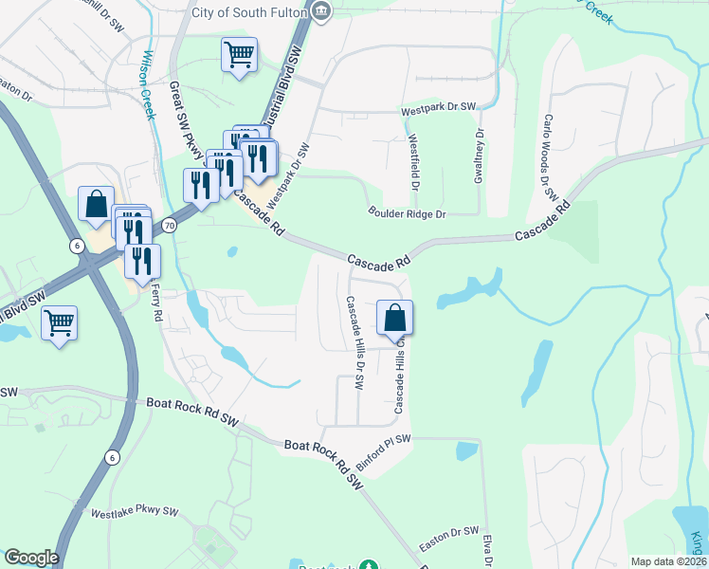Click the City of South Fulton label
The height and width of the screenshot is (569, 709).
pos(249,11)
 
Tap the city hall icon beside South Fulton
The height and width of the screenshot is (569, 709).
pos(321,11)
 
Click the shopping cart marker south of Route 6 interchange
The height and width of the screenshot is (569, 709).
pos(59,322)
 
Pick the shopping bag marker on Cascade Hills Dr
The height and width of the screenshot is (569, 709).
pos(395,319)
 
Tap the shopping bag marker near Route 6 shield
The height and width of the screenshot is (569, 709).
pos(96,203)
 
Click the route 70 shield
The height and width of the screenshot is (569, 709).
pos(169,226)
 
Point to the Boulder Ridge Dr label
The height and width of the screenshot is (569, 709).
pos(407,214)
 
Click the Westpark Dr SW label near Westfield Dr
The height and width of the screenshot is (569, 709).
pos(439,109)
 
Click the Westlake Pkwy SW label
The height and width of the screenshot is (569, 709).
pos(135,512)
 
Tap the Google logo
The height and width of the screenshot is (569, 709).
pos(31,558)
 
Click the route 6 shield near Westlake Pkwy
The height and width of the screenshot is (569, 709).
pos(113,457)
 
